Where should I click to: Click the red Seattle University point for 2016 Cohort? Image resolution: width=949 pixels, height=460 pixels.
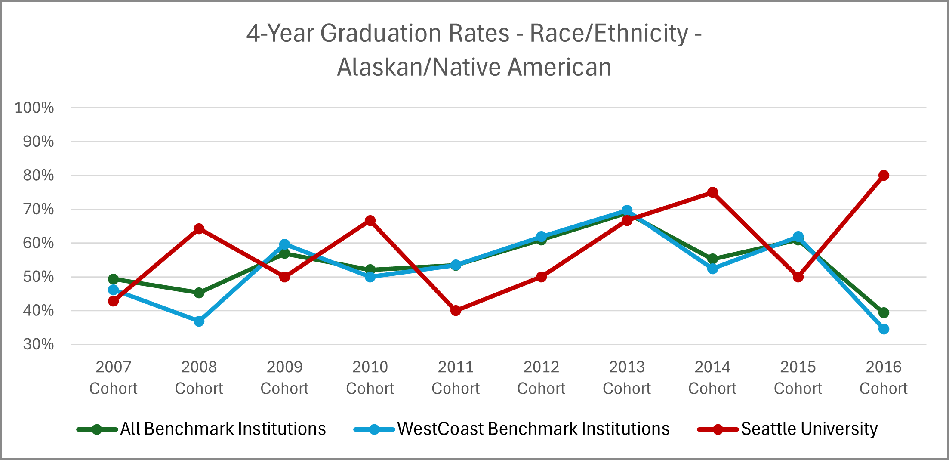pos(884,176)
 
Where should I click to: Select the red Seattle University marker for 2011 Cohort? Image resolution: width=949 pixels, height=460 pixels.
pos(456,310)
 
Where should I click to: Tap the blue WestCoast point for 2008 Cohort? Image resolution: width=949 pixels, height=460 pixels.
pos(199,321)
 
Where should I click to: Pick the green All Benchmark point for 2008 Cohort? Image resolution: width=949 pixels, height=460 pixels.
pos(199,293)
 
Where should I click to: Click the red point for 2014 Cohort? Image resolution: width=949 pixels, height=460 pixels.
pos(712,192)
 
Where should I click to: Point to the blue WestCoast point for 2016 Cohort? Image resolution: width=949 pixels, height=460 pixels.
pos(884,329)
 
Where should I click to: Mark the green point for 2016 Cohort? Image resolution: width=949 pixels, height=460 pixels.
pos(884,312)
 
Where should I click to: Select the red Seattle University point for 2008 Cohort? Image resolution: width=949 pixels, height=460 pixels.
pos(199,228)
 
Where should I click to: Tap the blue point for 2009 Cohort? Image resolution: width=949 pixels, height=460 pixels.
pos(284,244)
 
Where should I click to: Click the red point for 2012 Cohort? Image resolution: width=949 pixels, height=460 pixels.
pos(541,277)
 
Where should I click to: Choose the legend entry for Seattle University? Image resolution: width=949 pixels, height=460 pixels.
pos(809,429)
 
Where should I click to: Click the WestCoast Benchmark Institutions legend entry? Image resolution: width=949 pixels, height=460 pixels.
pos(533,429)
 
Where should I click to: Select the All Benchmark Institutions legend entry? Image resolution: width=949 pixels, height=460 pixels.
pos(222,429)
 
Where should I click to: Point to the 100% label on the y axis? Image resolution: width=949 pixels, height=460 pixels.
pos(34,108)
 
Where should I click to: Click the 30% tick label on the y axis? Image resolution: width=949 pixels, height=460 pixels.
pos(38,344)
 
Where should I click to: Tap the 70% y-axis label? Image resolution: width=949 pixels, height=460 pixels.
pos(38,210)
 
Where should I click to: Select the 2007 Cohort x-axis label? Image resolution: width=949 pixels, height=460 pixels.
pos(113,377)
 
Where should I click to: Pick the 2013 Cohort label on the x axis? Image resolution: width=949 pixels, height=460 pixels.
pos(627,377)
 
